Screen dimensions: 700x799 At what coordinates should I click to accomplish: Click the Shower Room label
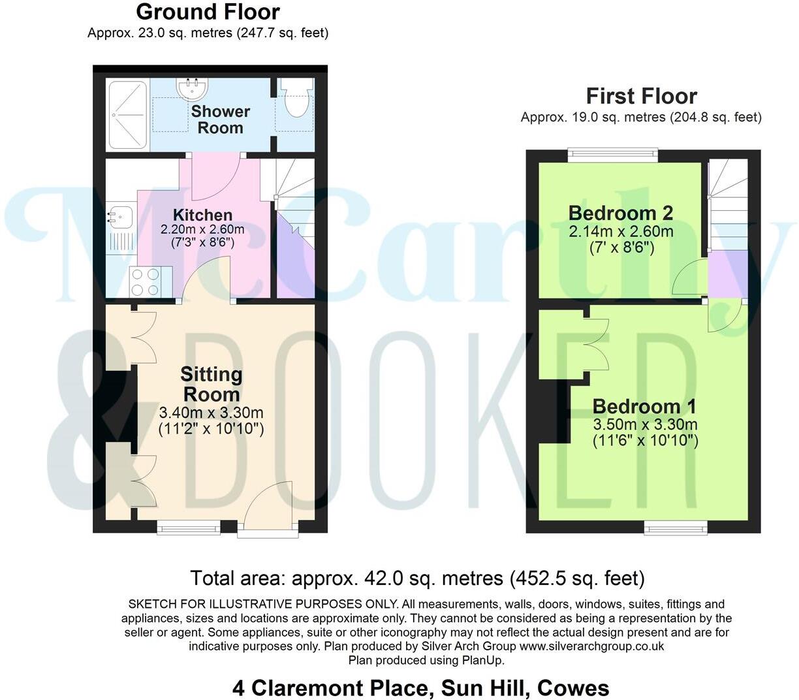(221, 119)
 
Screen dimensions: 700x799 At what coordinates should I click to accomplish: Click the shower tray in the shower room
(128, 114)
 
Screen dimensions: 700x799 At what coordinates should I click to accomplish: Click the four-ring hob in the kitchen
(145, 282)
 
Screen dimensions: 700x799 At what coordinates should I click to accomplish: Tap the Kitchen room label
(202, 215)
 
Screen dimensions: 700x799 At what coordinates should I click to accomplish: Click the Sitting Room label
(211, 384)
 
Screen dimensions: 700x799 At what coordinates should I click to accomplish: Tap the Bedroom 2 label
(620, 213)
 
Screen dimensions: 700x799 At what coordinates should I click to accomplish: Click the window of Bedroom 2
(612, 155)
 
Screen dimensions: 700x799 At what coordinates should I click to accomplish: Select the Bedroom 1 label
(644, 406)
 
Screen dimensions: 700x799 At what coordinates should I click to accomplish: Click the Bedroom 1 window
(676, 528)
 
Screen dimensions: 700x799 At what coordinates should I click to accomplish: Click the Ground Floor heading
(208, 12)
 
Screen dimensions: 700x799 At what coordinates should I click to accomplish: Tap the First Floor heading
(641, 96)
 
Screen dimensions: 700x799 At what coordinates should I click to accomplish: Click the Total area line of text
(417, 578)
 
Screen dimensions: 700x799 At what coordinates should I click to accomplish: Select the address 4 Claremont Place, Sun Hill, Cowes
(420, 688)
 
